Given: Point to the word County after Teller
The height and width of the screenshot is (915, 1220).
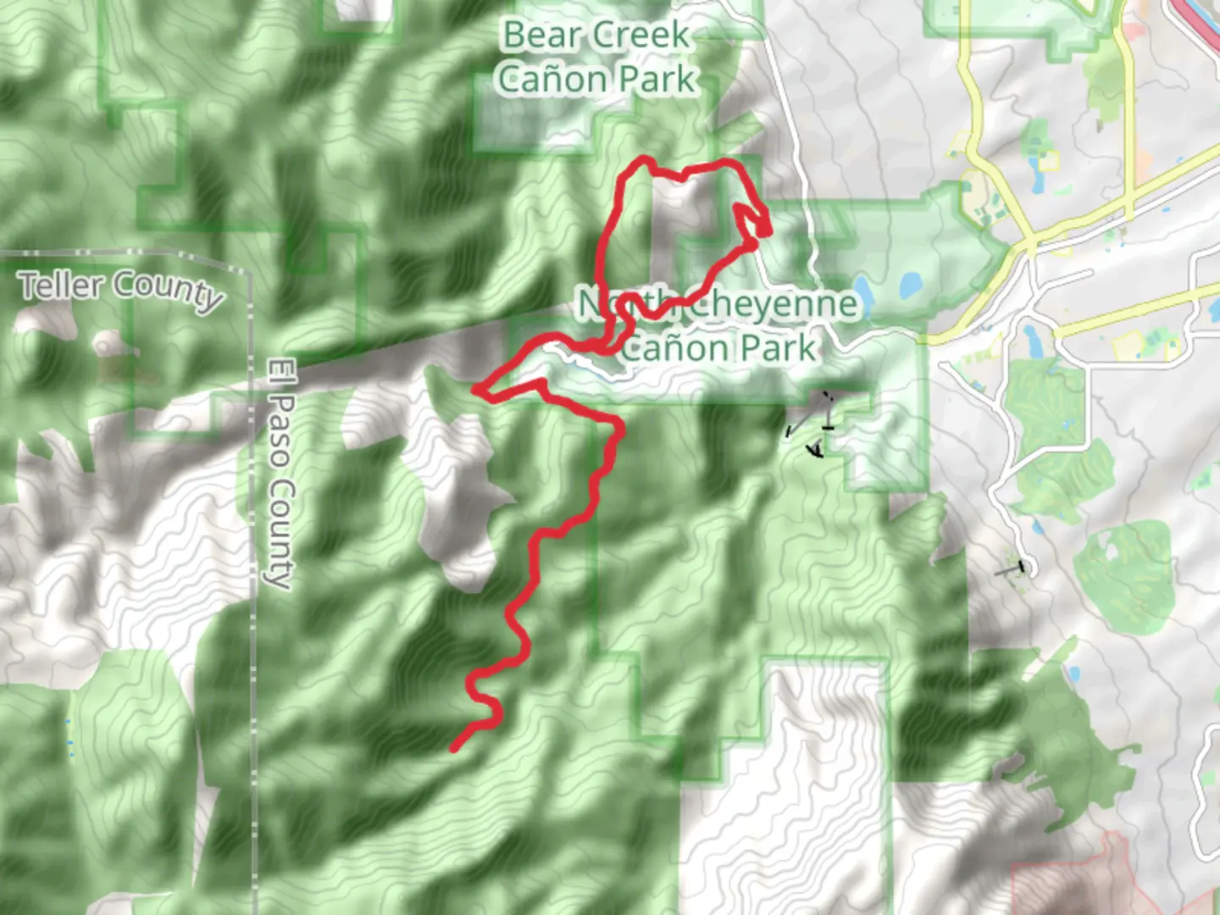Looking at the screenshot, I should point(169,291).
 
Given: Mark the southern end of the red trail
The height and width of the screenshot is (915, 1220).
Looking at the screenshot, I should point(455,748).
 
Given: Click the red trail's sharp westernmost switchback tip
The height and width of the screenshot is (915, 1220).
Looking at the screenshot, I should point(476,389).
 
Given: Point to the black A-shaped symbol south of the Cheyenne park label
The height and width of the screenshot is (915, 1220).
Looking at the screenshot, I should point(816,447).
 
